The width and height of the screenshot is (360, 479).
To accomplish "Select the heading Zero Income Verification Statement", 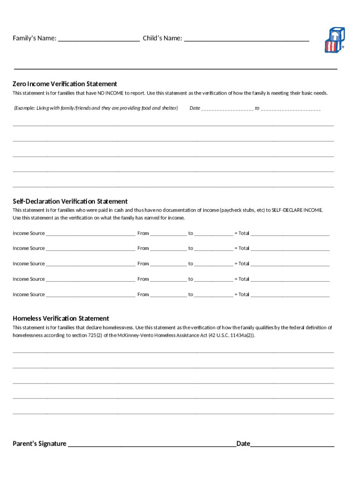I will coord(65,84).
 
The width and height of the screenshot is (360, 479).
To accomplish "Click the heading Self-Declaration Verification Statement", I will coord(70,201).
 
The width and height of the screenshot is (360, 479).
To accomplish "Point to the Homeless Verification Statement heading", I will coord(61,318).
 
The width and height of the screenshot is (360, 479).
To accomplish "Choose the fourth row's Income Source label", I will coord(29,279).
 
